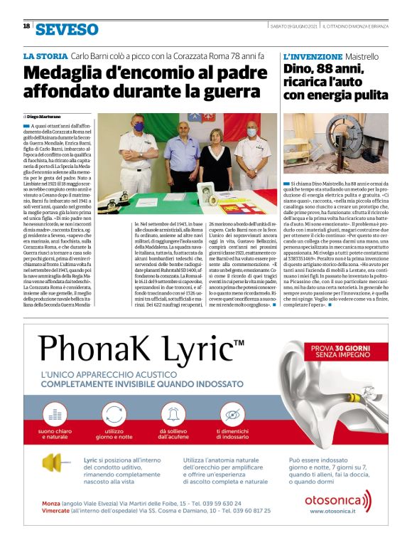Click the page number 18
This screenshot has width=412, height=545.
(x=26, y=26)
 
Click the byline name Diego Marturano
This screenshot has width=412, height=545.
(x=45, y=115)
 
